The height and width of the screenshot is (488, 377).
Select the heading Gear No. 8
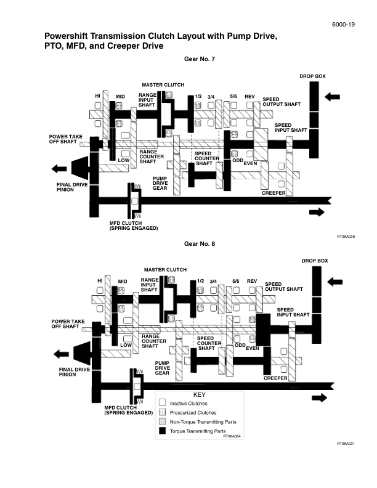[x=200, y=244]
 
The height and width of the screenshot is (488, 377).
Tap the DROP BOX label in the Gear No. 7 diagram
[x=312, y=76]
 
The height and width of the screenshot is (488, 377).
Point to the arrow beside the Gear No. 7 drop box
[x=332, y=97]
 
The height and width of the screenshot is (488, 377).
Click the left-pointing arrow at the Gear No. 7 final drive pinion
[x=60, y=168]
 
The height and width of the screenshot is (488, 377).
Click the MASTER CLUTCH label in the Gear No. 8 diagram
[x=165, y=270]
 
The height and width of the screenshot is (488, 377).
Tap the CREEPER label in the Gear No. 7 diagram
[x=274, y=193]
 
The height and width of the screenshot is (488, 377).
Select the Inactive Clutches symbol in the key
[x=163, y=403]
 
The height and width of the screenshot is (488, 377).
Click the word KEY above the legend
[x=200, y=394]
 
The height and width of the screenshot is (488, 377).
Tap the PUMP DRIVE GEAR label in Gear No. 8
[x=162, y=368]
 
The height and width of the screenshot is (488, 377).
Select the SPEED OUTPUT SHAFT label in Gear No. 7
[x=282, y=102]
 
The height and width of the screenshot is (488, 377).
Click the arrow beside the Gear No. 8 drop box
[x=335, y=282]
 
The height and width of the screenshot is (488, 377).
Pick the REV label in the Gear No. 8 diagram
[x=251, y=281]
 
